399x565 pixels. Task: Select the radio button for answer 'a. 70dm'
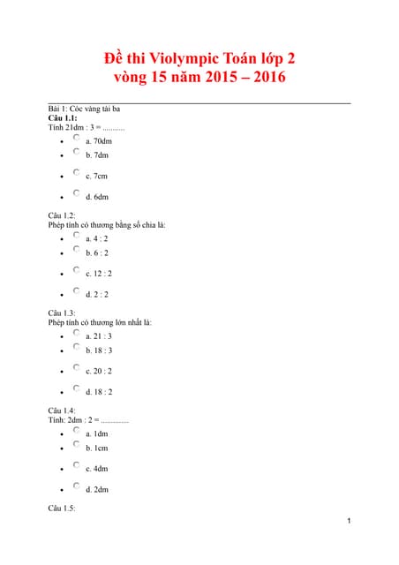[x=77, y=138]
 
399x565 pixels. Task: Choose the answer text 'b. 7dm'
[x=97, y=155]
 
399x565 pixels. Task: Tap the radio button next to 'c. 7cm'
[x=77, y=173]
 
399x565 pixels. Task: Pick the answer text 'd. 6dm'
[x=97, y=197]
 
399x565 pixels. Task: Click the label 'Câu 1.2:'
[x=62, y=215]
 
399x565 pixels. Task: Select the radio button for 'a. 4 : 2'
[x=77, y=236]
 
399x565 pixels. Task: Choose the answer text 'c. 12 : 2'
[x=99, y=274]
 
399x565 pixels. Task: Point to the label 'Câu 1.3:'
[x=62, y=313]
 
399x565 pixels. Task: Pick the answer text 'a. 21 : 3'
[x=99, y=336]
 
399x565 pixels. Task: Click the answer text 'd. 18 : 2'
[x=99, y=392]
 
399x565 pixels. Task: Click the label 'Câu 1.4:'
[x=62, y=411]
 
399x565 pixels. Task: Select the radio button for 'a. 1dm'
[x=77, y=431]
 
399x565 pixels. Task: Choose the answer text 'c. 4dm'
[x=97, y=469]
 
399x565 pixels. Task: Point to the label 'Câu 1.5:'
[x=62, y=508]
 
